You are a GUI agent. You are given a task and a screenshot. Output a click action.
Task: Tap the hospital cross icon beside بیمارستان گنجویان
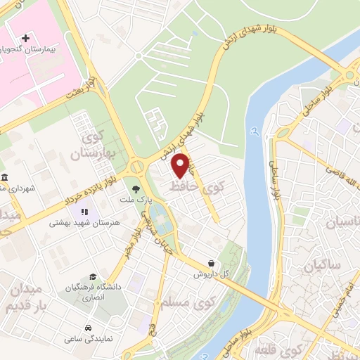click(26, 37)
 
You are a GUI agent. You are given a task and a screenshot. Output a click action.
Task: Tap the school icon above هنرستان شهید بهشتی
click(84, 211)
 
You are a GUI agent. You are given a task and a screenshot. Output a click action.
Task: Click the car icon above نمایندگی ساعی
click(86, 328)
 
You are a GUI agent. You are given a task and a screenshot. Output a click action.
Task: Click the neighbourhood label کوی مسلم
click(176, 304)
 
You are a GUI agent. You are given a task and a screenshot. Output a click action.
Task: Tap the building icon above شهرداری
click(5, 177)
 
